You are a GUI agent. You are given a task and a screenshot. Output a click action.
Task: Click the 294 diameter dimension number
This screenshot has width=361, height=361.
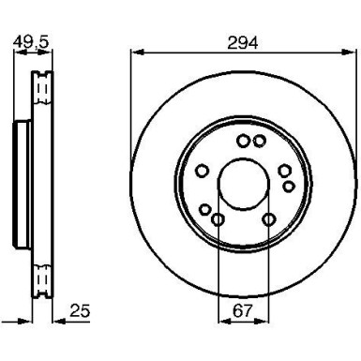(242, 40)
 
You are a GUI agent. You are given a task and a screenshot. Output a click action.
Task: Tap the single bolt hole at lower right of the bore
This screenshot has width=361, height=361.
(269, 220)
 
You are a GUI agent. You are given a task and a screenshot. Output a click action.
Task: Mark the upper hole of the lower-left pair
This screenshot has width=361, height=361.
(205, 208)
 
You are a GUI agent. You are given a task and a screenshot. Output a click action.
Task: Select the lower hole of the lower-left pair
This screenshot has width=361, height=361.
(217, 220)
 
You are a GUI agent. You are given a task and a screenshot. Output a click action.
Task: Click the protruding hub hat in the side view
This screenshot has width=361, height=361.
(20, 183)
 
